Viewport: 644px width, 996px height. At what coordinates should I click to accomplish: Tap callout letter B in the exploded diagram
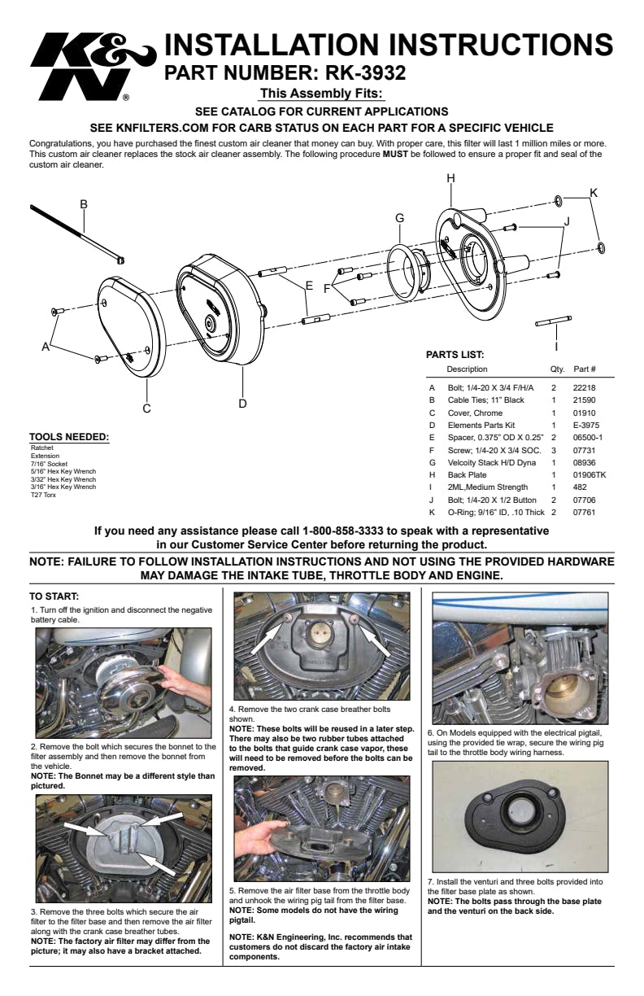[83, 204]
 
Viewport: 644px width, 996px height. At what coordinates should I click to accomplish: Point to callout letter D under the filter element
[242, 403]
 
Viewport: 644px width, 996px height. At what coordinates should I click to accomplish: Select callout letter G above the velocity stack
[399, 218]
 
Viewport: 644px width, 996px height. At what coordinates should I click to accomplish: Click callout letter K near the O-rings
[594, 193]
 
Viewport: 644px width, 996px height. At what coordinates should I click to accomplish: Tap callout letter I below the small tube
[556, 345]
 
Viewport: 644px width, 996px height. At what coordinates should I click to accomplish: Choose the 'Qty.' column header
[557, 369]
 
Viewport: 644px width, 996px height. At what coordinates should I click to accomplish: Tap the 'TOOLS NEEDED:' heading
[69, 438]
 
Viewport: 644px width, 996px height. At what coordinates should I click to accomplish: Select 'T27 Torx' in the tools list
[43, 494]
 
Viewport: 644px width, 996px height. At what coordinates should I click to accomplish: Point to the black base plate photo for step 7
[520, 817]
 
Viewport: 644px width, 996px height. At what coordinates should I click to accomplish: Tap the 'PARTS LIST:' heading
[455, 355]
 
